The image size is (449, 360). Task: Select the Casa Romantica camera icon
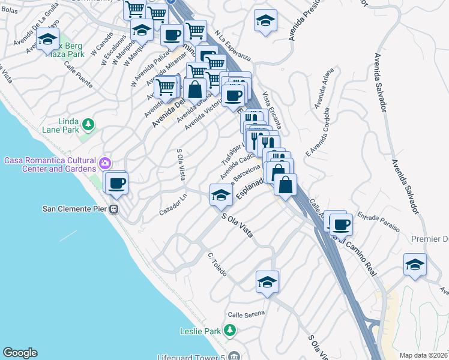(106, 163)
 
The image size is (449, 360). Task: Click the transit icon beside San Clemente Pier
(113, 209)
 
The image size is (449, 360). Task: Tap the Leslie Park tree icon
(229, 331)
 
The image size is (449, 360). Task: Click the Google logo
(20, 353)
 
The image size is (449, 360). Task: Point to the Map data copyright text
(424, 355)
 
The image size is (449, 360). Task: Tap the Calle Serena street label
(246, 315)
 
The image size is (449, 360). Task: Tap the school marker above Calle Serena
(267, 282)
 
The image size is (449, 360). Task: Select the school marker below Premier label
(415, 264)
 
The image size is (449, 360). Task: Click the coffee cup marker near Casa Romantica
(116, 182)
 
